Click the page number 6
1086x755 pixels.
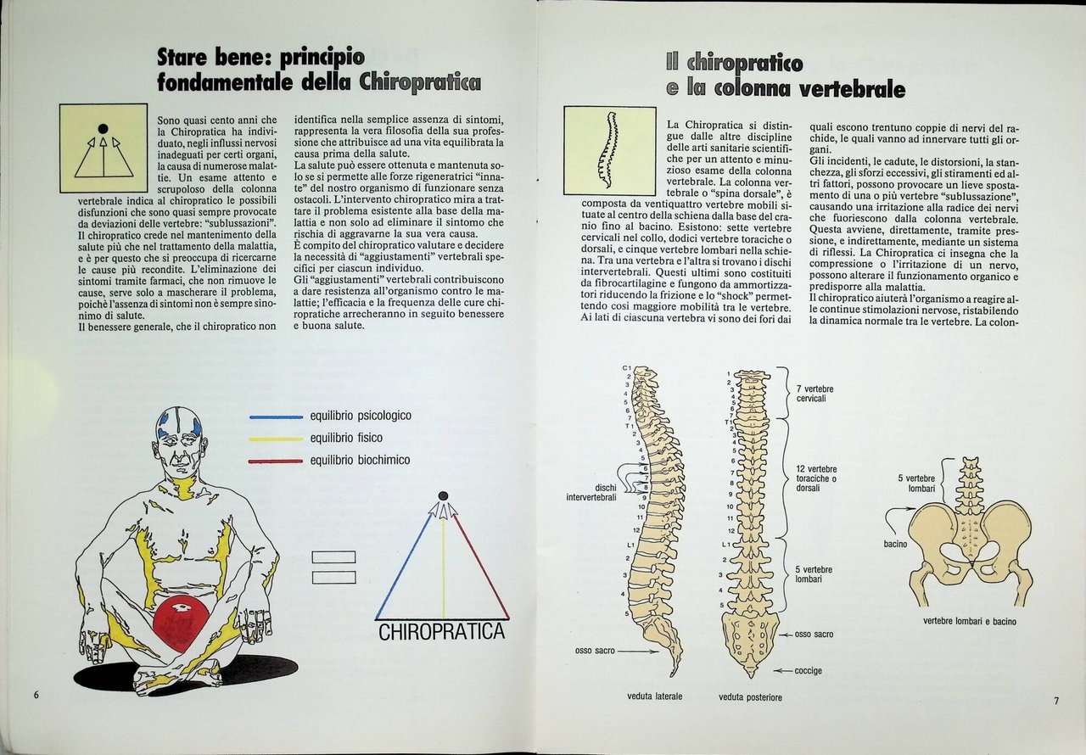37,694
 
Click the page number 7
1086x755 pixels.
1056,701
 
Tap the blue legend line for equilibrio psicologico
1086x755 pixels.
277,417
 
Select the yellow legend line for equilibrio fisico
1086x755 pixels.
277,439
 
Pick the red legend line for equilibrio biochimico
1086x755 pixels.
277,461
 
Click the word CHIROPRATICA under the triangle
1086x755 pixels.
441,633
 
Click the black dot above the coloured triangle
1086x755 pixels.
442,495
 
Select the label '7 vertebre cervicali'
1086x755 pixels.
815,394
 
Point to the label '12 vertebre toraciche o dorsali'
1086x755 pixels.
817,479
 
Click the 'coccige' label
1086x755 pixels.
808,671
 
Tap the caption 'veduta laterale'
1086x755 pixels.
655,696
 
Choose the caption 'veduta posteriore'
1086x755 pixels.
750,697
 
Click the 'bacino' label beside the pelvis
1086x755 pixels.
896,544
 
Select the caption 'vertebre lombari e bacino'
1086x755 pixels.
970,621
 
